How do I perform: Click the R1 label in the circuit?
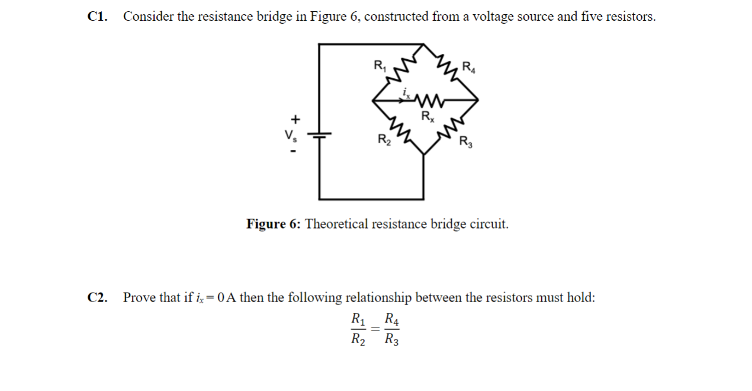[379, 66]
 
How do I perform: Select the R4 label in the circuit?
[468, 66]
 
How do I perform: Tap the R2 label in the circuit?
[384, 140]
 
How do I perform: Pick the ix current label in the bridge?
[406, 91]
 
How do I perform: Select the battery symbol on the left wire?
[319, 135]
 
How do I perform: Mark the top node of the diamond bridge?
[423, 44]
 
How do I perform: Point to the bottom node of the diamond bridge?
[423, 154]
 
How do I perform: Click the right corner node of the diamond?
[478, 100]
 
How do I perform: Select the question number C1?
[98, 17]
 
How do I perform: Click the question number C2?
[98, 297]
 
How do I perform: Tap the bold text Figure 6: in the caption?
[274, 225]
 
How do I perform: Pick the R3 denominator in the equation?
[392, 340]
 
